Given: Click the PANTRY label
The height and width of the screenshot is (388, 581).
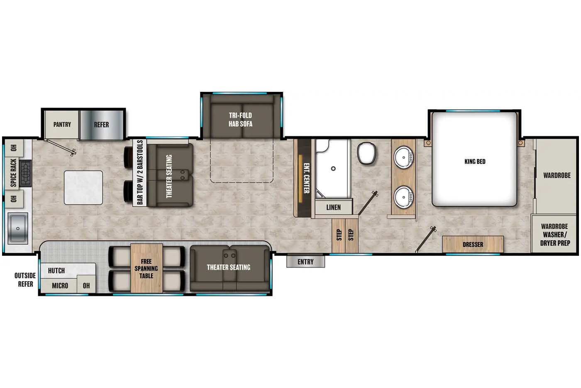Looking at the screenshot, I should pyautogui.click(x=62, y=125).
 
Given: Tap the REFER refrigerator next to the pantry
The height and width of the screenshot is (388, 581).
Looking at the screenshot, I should pyautogui.click(x=101, y=125).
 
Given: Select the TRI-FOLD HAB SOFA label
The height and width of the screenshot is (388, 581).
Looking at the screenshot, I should pyautogui.click(x=240, y=119).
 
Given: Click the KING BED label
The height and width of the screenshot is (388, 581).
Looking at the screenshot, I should pyautogui.click(x=475, y=162).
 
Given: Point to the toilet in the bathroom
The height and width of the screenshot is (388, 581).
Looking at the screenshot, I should pyautogui.click(x=366, y=153).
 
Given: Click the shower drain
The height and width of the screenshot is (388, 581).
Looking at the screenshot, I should pyautogui.click(x=333, y=169).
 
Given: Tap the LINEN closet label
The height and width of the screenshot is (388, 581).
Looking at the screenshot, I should pyautogui.click(x=333, y=207).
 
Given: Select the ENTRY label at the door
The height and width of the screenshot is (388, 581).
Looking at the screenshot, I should pyautogui.click(x=305, y=262).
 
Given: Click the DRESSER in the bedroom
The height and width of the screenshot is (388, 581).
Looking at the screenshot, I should pyautogui.click(x=473, y=245).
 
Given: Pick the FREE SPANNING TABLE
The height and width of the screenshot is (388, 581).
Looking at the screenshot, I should pyautogui.click(x=146, y=268).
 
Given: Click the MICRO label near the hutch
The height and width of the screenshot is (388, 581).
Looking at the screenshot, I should pyautogui.click(x=60, y=286).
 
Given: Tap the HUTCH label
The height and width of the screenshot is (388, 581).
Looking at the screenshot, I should pyautogui.click(x=56, y=271).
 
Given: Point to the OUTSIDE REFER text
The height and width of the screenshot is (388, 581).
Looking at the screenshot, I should pyautogui.click(x=25, y=280).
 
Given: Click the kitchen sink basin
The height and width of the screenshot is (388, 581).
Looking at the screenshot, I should pyautogui.click(x=18, y=228).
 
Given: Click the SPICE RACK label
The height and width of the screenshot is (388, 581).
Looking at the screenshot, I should pyautogui.click(x=13, y=172).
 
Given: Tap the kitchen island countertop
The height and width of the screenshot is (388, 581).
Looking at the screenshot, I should pyautogui.click(x=83, y=187).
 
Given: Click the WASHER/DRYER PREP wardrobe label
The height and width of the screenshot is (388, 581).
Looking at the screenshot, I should pyautogui.click(x=554, y=235).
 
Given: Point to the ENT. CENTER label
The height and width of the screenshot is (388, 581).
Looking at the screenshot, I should pyautogui.click(x=306, y=178).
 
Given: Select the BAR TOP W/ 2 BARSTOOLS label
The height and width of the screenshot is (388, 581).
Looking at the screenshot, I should pyautogui.click(x=140, y=172).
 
